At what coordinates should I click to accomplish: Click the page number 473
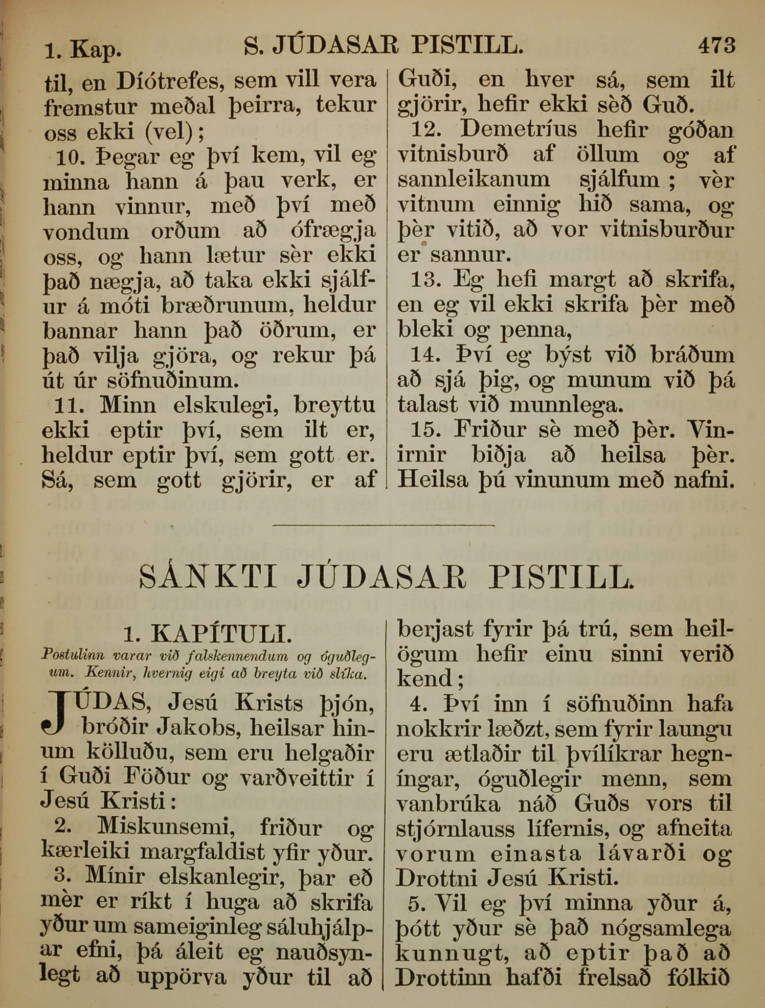click(x=717, y=45)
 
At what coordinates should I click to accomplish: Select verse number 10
click(x=71, y=157)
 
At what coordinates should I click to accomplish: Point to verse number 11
click(x=70, y=405)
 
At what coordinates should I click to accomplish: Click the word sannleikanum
click(x=474, y=179)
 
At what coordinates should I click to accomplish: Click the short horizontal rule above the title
click(x=385, y=525)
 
